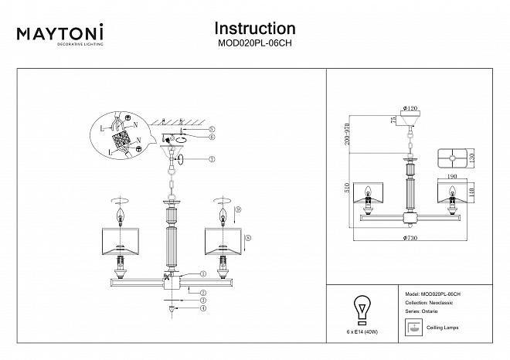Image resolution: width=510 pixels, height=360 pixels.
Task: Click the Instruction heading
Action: tap(254, 29)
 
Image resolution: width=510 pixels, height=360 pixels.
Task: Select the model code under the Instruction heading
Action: tap(254, 44)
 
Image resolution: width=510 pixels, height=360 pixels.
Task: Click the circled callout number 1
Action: tap(203, 273)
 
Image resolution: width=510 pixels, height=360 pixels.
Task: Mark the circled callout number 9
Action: tap(238, 209)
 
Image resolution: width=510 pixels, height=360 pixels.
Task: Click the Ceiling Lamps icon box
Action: tap(413, 328)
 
